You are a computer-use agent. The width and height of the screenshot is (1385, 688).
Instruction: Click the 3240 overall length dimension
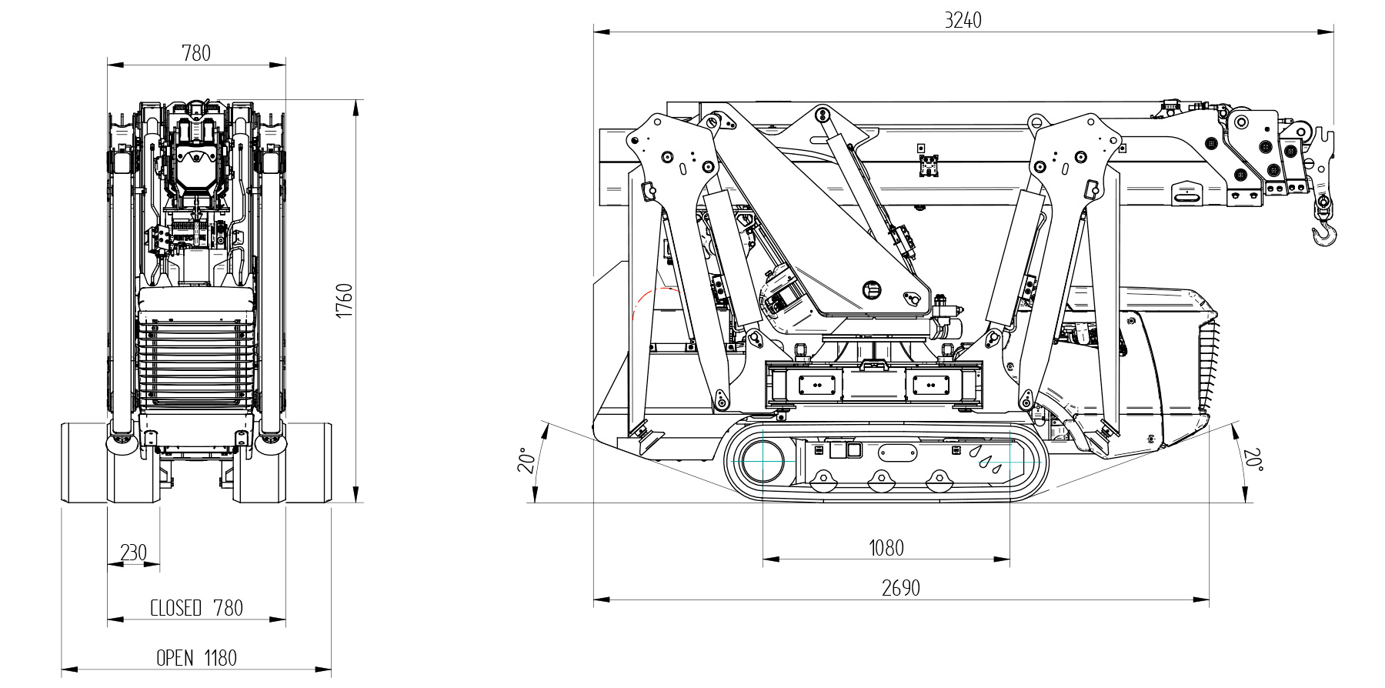pyautogui.click(x=963, y=21)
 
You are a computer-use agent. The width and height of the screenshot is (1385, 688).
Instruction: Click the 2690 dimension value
pyautogui.click(x=900, y=589)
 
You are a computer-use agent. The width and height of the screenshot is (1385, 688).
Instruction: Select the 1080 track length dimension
pyautogui.click(x=886, y=548)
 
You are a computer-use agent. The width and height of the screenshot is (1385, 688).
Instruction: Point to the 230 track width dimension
pyautogui.click(x=133, y=553)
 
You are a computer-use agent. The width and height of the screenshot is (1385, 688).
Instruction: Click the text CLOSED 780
pyautogui.click(x=196, y=608)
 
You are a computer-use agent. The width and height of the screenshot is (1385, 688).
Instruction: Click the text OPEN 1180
pyautogui.click(x=196, y=658)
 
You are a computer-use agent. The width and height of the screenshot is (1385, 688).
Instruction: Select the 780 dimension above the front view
pyautogui.click(x=195, y=53)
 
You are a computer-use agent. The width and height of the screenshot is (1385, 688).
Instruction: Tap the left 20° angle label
pyautogui.click(x=526, y=459)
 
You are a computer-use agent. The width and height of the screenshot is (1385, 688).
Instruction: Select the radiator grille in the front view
pyautogui.click(x=195, y=362)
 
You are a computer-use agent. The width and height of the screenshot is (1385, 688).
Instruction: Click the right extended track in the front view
pyautogui.click(x=309, y=462)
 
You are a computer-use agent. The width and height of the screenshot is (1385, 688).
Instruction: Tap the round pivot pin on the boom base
pyautogui.click(x=871, y=290)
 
